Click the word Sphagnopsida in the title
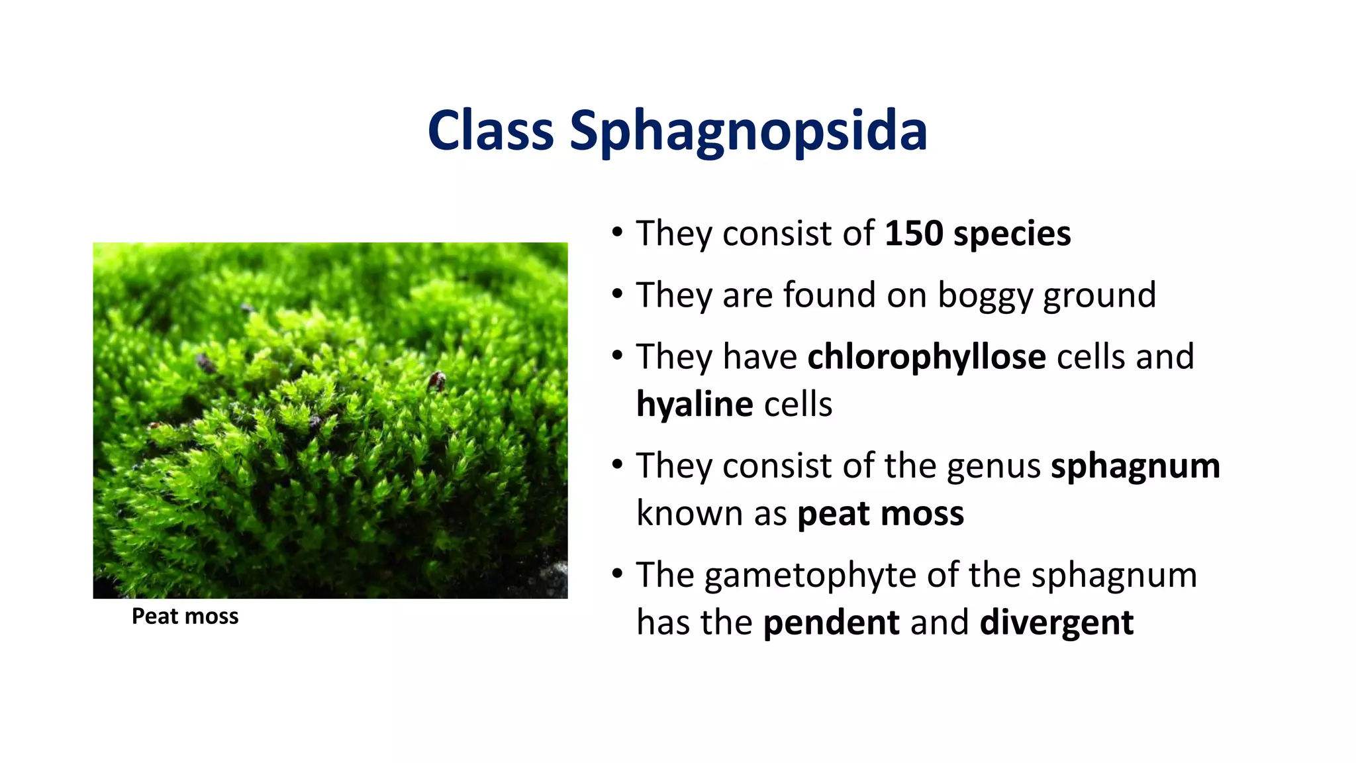[748, 131]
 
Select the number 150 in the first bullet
[914, 234]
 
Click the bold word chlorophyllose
[926, 357]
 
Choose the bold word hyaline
[694, 405]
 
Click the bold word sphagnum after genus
[1135, 468]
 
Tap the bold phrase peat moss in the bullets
[880, 515]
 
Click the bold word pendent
[831, 623]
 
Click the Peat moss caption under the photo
[185, 617]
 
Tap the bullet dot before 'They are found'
[617, 293]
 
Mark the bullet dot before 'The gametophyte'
[617, 573]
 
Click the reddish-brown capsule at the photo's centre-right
[436, 380]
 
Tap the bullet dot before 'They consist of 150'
[617, 232]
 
